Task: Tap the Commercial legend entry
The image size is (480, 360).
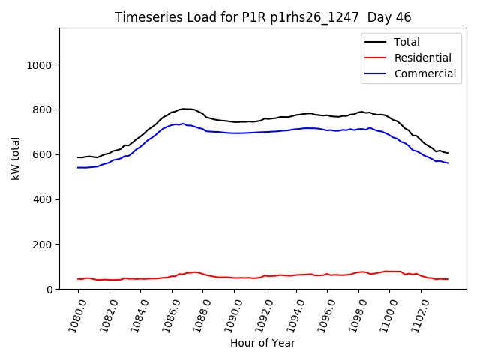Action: coord(424,73)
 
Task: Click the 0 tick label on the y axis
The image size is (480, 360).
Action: coord(49,289)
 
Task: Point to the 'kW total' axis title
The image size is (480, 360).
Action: coord(16,159)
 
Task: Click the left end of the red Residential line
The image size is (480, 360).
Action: coord(78,279)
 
